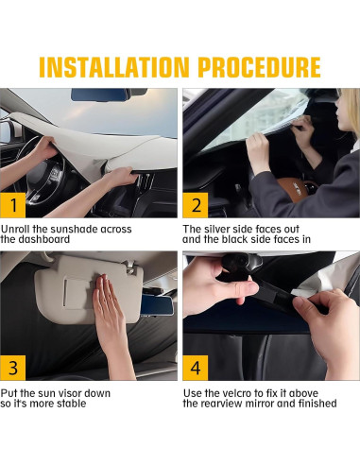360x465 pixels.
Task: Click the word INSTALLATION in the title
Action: pyautogui.click(x=114, y=67)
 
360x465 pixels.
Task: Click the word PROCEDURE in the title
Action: pyautogui.click(x=259, y=67)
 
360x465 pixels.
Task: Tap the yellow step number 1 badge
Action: pyautogui.click(x=13, y=205)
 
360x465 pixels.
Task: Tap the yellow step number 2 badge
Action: pyautogui.click(x=196, y=205)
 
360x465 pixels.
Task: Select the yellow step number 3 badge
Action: pyautogui.click(x=13, y=368)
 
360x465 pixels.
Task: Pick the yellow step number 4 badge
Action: pyautogui.click(x=196, y=368)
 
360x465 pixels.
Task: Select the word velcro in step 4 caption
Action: pyautogui.click(x=238, y=393)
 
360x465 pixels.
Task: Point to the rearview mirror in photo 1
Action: pyautogui.click(x=100, y=95)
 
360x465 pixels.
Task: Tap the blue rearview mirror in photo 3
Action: pyautogui.click(x=157, y=305)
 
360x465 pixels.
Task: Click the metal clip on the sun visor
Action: pyautogui.click(x=130, y=267)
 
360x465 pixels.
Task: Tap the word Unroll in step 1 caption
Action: pyautogui.click(x=15, y=229)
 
